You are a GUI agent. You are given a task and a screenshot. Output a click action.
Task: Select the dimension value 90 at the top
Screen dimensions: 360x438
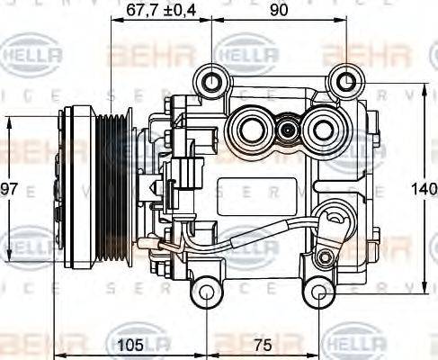[279, 11]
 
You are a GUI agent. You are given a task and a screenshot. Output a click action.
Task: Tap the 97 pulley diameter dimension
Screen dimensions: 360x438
[10, 189]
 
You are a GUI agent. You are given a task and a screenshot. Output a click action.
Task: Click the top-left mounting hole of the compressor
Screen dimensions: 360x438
[212, 84]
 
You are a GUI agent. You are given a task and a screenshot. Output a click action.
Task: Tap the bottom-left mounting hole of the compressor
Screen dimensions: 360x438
[207, 293]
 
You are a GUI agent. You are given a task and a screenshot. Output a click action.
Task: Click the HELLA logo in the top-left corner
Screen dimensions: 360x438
[34, 56]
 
